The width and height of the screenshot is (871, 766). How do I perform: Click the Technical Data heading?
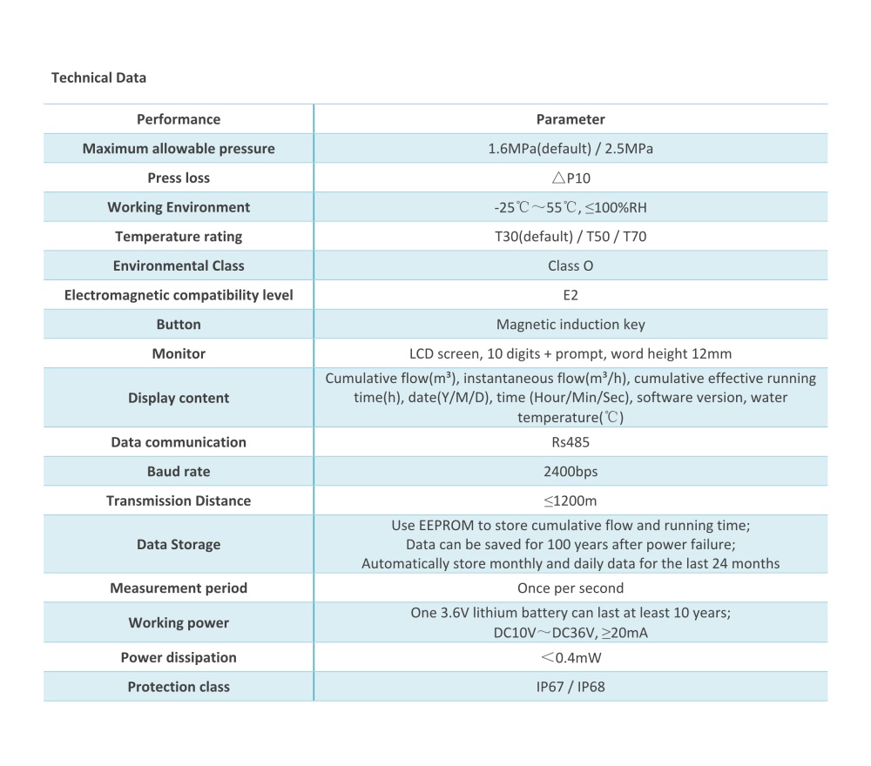[x=98, y=77]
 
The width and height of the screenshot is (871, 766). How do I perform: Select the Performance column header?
[x=179, y=119]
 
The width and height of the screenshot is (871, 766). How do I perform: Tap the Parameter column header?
[x=571, y=119]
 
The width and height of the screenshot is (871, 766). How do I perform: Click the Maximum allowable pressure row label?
[x=179, y=149]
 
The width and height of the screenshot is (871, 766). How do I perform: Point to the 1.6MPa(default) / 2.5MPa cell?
[x=571, y=149]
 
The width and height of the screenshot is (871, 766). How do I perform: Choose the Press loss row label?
[x=179, y=178]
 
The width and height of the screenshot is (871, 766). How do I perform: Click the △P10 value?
[x=571, y=178]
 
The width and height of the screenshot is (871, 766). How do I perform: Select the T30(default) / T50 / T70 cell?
[x=571, y=237]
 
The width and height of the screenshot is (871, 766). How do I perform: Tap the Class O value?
[x=571, y=265]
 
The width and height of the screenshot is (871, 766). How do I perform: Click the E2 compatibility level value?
[x=571, y=295]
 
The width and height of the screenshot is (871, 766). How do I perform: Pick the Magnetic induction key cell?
[x=571, y=325]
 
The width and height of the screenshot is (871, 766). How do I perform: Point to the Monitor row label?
[x=179, y=353]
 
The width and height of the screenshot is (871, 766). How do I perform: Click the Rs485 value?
[x=571, y=442]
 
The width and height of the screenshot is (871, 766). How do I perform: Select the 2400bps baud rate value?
[x=571, y=472]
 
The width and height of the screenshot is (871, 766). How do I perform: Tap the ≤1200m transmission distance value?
[x=571, y=501]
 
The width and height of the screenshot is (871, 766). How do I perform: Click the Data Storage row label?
[x=179, y=545]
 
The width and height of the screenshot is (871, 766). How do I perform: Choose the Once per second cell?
[x=571, y=588]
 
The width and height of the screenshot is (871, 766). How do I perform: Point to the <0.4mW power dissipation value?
[x=571, y=657]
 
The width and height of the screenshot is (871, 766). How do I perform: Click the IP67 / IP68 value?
[x=571, y=687]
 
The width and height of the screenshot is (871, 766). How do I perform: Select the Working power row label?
[x=179, y=622]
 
